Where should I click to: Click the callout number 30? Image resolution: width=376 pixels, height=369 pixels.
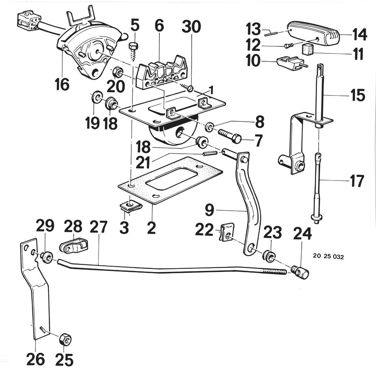(x=191, y=26)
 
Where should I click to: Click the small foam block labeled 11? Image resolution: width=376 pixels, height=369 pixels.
(x=308, y=49)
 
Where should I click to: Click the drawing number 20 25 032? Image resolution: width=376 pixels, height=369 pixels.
(x=328, y=257)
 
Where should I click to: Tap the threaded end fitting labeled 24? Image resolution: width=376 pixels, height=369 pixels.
(x=300, y=272)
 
